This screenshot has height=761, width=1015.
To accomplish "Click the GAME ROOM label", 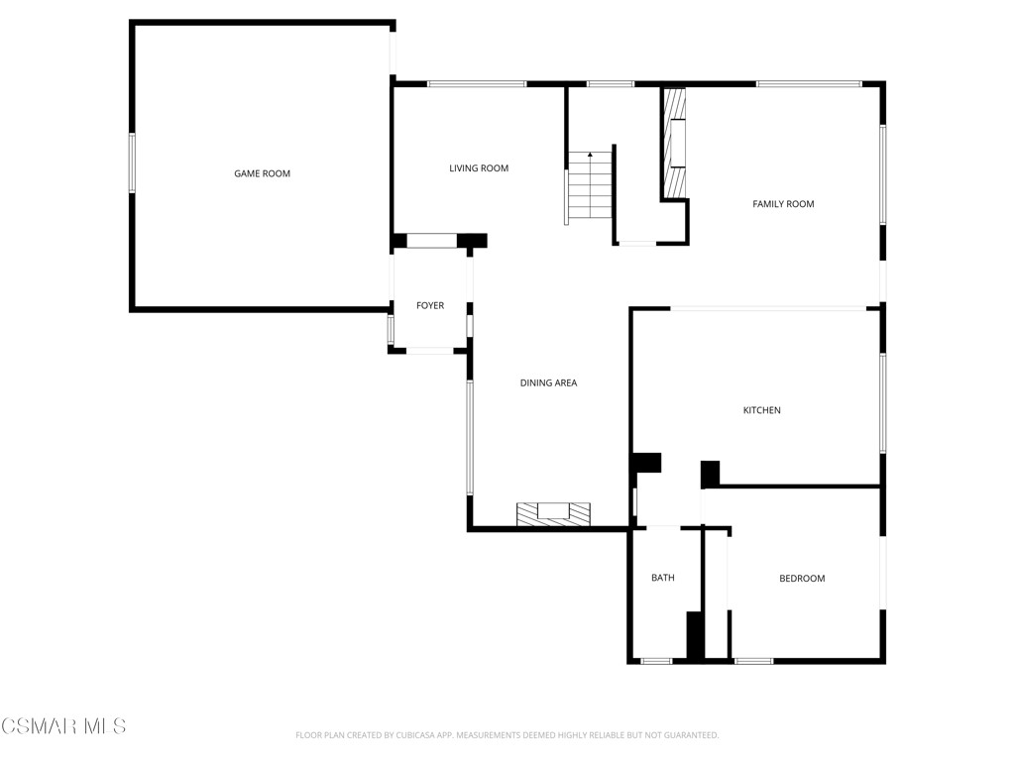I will click(x=262, y=173).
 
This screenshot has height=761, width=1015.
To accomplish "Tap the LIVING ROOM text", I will click(x=479, y=168).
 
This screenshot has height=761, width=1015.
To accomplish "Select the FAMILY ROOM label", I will click(x=783, y=204).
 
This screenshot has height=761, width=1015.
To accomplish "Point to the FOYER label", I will click(x=430, y=306).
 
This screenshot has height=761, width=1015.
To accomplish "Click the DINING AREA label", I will click(x=548, y=382).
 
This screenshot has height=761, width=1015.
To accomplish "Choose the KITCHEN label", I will click(x=762, y=410).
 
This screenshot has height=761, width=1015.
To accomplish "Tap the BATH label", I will click(x=662, y=578).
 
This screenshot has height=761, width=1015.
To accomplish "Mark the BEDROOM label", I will click(x=802, y=579).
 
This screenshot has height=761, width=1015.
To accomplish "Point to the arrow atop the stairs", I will click(x=590, y=156).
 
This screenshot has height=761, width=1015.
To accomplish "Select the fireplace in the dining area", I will click(x=553, y=513).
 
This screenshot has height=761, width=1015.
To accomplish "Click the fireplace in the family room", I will click(x=675, y=144).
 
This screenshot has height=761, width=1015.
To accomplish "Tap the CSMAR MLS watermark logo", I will click(x=63, y=726).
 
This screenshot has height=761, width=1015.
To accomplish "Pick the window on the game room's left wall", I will click(x=132, y=163).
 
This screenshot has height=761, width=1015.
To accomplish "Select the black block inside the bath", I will click(x=695, y=634).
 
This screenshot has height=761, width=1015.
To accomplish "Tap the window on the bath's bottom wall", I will click(x=656, y=661).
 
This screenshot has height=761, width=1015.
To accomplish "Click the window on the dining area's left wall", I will click(x=470, y=436).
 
